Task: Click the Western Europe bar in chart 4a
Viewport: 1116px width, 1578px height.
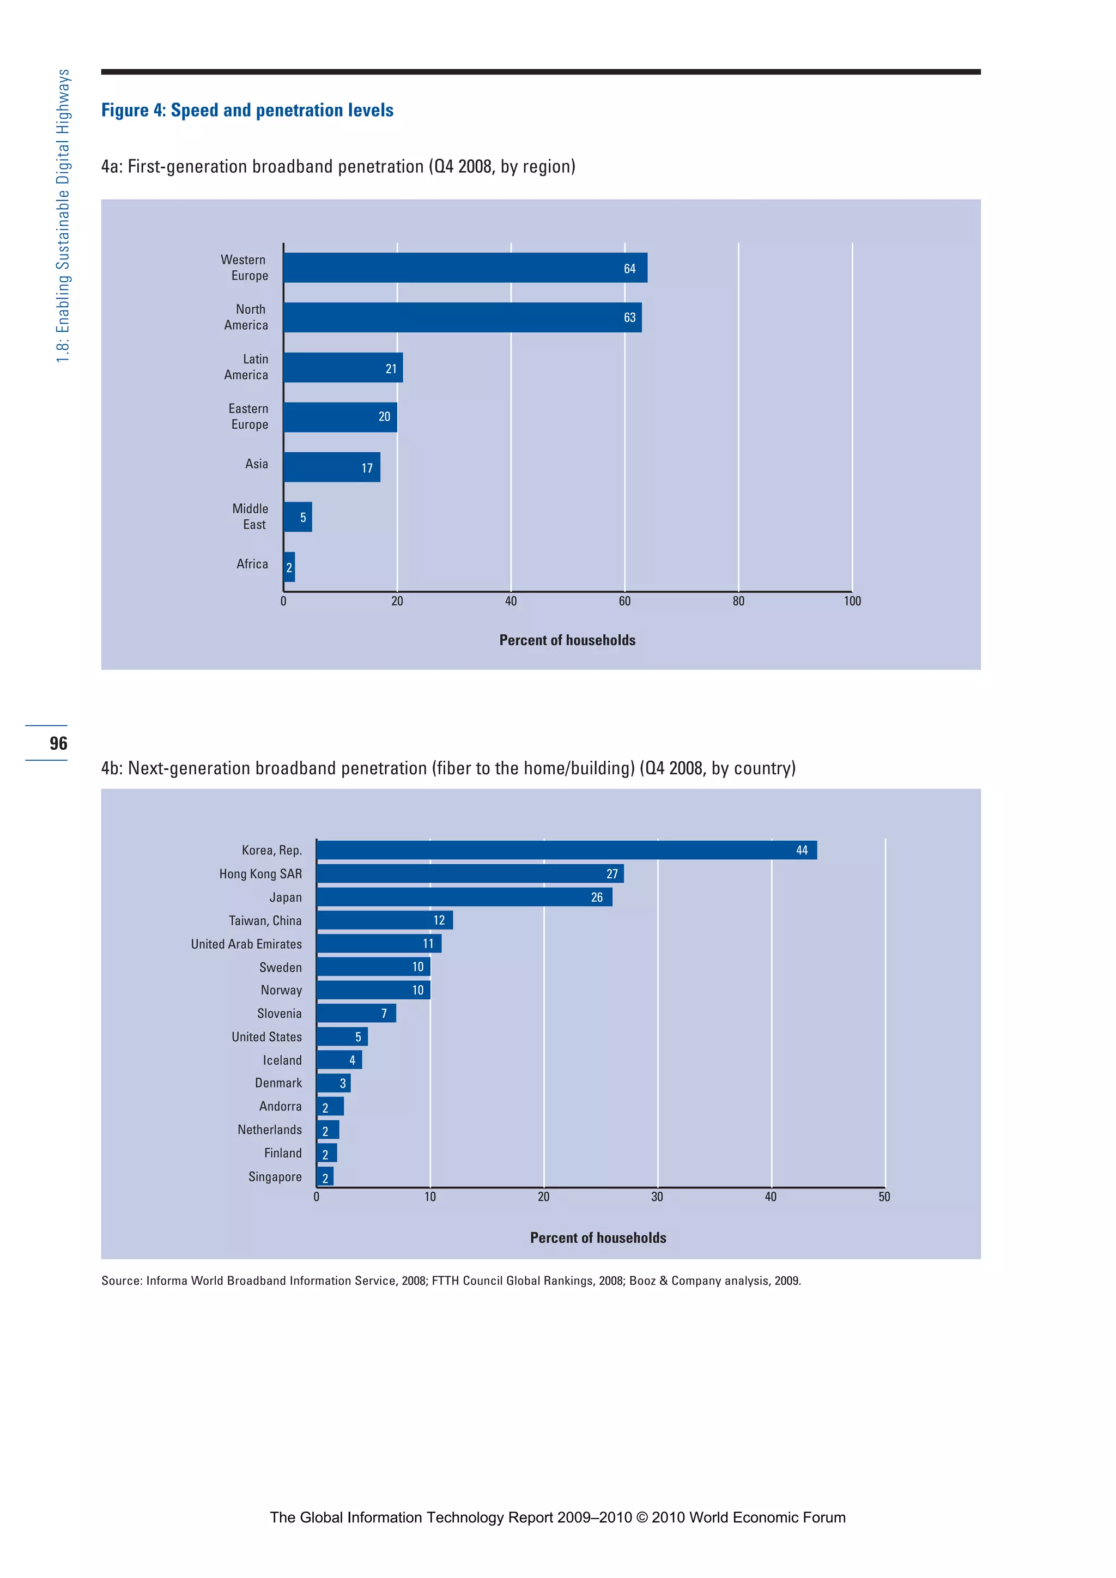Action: [464, 268]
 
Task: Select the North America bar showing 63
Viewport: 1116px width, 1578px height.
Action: [462, 318]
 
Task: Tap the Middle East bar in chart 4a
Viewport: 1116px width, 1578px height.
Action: [297, 517]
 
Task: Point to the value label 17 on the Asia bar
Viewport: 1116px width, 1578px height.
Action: [367, 468]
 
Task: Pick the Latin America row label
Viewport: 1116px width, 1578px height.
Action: [246, 367]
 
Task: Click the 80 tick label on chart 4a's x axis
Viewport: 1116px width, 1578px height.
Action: [738, 602]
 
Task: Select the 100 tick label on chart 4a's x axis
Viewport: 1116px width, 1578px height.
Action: [852, 602]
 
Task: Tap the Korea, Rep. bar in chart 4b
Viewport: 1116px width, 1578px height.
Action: [566, 850]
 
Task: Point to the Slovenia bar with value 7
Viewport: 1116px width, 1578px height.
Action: [355, 1013]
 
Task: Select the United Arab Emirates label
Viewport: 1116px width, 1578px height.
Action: [246, 944]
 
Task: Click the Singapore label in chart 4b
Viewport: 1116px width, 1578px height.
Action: [275, 1176]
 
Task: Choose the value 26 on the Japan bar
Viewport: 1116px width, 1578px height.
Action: [597, 897]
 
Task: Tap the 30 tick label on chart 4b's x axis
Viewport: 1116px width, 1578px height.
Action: [657, 1197]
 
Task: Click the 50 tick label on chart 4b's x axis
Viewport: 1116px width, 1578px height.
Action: [884, 1197]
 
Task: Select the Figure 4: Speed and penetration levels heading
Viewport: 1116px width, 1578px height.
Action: [247, 111]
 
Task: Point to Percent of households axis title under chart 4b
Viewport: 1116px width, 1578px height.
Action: [598, 1238]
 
